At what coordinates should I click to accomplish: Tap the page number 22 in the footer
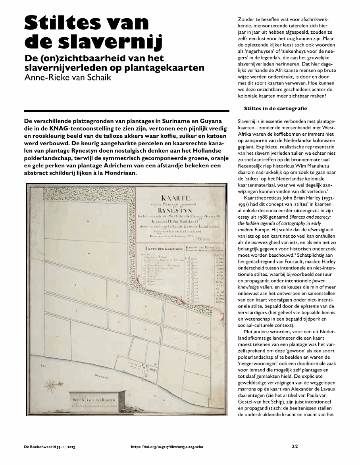coord(295,446)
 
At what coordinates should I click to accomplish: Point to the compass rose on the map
coord(51,384)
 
